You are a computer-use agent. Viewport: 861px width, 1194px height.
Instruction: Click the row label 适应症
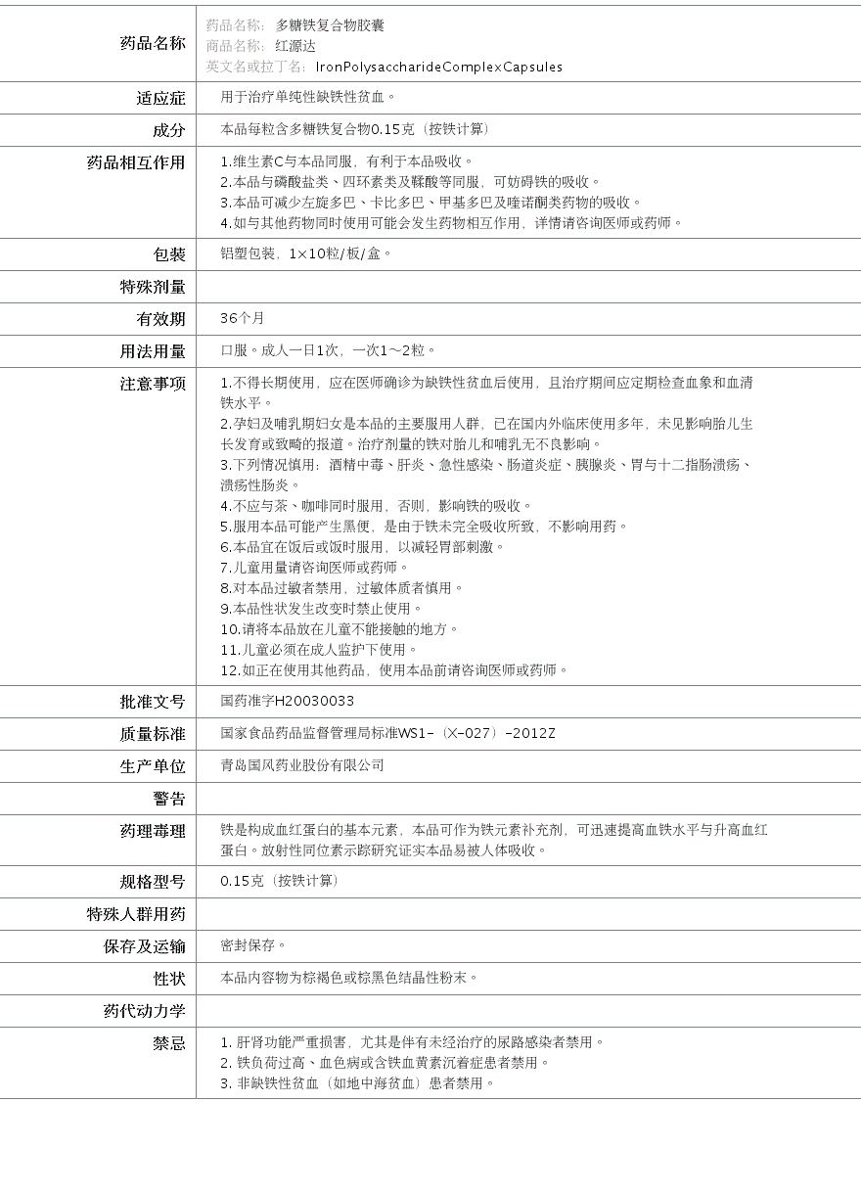click(160, 98)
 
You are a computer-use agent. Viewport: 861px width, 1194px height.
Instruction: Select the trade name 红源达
click(295, 46)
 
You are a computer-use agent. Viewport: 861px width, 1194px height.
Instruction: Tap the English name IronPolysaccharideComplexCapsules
click(439, 68)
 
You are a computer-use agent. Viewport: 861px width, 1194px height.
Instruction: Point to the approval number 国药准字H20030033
click(288, 702)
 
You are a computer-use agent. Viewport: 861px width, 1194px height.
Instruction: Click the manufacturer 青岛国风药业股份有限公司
click(302, 766)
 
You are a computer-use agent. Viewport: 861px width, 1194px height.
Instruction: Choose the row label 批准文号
click(153, 702)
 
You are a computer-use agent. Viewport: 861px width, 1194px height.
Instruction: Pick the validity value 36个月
click(243, 319)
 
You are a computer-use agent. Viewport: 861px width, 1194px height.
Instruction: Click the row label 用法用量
click(153, 351)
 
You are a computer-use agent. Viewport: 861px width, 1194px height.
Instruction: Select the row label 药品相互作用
click(136, 162)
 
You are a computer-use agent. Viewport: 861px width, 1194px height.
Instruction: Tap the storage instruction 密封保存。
click(253, 946)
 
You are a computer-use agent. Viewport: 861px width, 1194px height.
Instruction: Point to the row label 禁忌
click(168, 1043)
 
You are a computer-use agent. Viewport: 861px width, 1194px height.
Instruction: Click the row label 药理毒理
click(153, 831)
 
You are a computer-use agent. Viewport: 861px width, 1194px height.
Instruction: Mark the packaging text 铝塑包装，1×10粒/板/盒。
click(306, 254)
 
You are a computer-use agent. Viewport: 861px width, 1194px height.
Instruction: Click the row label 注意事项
click(153, 384)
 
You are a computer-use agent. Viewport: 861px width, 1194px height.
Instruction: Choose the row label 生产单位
click(153, 766)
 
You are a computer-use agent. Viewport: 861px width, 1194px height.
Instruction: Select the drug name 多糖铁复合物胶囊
click(330, 25)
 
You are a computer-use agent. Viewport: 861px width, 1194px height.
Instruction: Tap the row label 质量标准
click(153, 734)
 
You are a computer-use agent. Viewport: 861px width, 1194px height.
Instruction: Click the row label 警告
click(168, 799)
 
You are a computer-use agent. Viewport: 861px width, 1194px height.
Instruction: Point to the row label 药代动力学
click(144, 1011)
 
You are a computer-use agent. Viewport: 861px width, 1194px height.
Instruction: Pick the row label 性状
click(168, 979)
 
